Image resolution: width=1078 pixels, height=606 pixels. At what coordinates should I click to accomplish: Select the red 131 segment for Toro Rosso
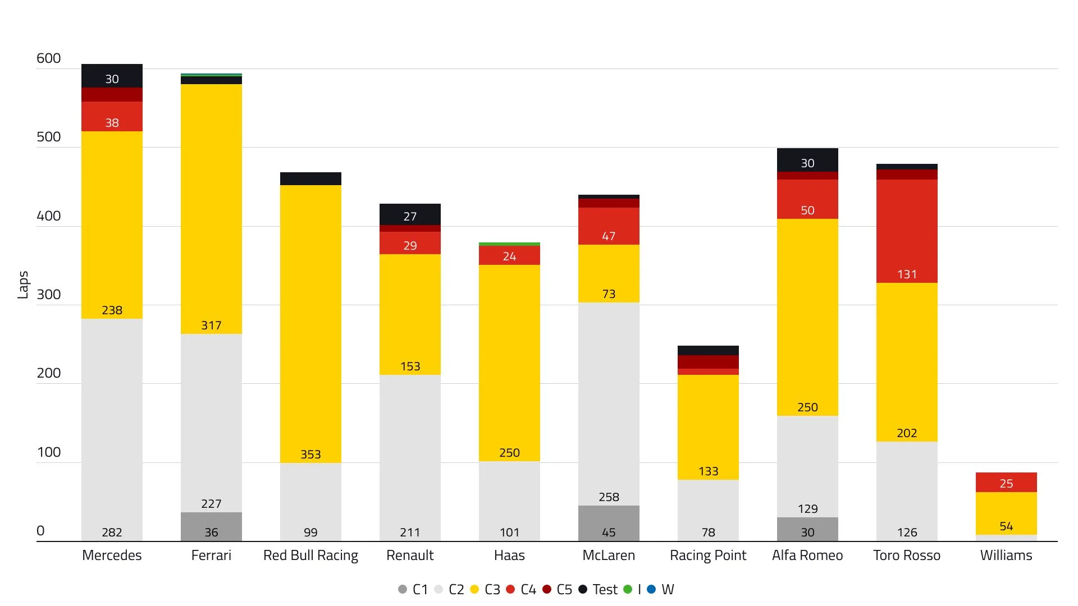907,231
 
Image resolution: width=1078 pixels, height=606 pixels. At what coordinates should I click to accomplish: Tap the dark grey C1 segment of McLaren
609,523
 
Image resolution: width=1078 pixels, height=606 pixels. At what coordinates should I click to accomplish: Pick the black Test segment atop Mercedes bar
112,76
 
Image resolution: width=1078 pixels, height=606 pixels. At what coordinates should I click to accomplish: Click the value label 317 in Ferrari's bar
211,325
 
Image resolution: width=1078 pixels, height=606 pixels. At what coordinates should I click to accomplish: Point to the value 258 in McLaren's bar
609,497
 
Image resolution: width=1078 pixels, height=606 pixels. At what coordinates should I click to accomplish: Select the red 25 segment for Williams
1006,483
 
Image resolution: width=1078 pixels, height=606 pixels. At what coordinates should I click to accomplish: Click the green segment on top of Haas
509,244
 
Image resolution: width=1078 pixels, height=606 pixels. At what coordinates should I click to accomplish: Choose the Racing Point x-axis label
707,555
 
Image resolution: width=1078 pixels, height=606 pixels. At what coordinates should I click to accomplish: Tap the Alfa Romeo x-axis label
807,555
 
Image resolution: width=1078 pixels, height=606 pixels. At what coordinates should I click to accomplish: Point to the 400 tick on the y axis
48,216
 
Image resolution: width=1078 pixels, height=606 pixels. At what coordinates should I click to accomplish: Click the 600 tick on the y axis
48,58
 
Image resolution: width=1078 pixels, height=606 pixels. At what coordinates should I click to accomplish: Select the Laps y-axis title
23,285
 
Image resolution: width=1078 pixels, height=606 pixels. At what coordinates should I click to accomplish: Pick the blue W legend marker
651,589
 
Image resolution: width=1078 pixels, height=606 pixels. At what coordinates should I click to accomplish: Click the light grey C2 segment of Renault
410,457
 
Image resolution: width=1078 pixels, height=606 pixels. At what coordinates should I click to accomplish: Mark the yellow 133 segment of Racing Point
708,426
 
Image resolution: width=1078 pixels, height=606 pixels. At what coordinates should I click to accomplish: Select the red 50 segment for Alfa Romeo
807,199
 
